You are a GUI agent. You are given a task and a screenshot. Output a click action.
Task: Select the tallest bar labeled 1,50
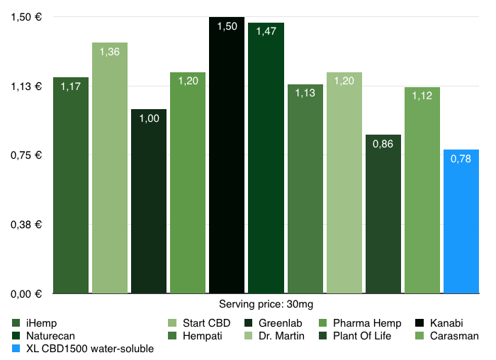pyautogui.click(x=227, y=155)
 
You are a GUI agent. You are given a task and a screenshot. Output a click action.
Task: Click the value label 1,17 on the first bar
pyautogui.click(x=70, y=86)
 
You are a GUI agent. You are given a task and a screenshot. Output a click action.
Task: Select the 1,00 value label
pyautogui.click(x=149, y=118)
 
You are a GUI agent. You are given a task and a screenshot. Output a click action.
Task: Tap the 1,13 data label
pyautogui.click(x=305, y=94)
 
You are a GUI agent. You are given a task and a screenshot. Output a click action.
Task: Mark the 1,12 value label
pyautogui.click(x=422, y=96)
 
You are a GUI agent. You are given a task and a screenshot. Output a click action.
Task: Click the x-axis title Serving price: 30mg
pyautogui.click(x=266, y=304)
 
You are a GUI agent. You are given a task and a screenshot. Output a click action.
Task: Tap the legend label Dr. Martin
pyautogui.click(x=280, y=336)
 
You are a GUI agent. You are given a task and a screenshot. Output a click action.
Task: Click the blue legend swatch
pyautogui.click(x=16, y=349)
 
